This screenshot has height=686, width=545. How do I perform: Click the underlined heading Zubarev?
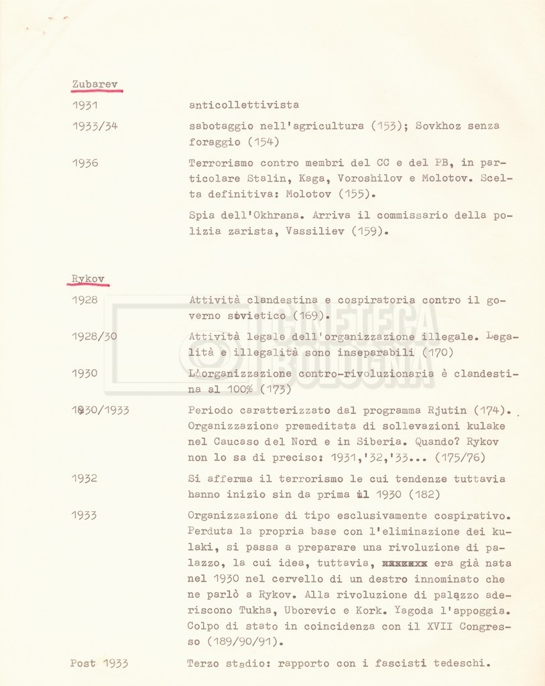(x=95, y=84)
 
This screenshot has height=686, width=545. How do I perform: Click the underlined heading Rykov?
(x=88, y=279)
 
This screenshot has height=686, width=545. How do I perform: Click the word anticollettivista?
(x=244, y=105)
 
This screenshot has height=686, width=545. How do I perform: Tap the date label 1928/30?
(x=94, y=336)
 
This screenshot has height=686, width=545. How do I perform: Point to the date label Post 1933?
(x=99, y=664)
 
